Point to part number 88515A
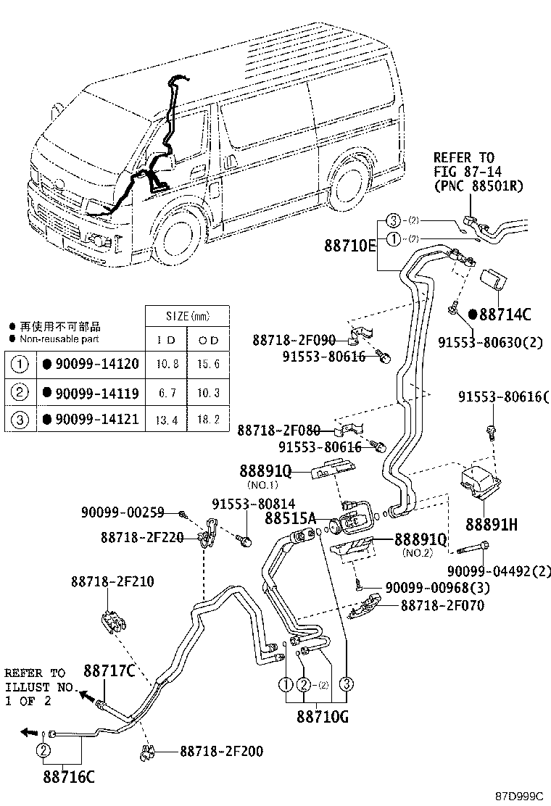point(290,518)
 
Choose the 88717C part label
point(109,671)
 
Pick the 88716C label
point(68,778)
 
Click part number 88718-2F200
point(222,752)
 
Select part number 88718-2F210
point(112,581)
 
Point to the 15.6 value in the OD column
point(208,364)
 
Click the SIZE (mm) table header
point(187,317)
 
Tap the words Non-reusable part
point(59,338)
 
